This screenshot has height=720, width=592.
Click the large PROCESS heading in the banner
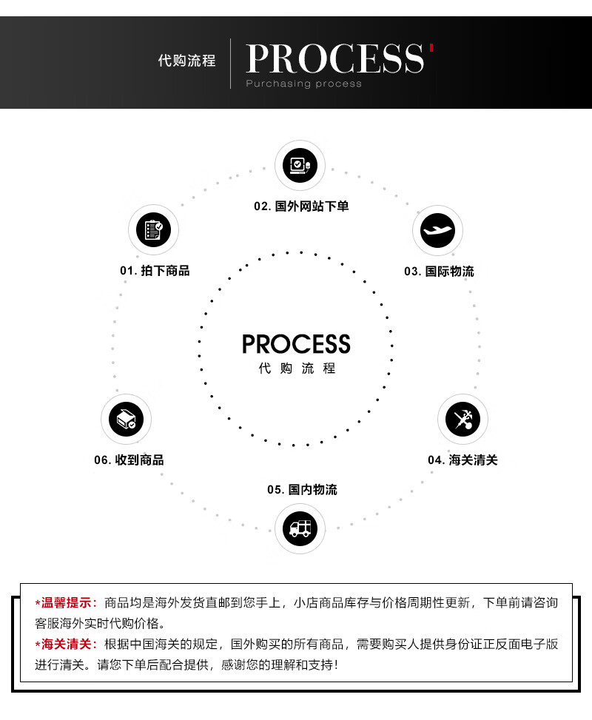[334, 58]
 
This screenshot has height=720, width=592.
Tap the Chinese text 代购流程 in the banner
[186, 61]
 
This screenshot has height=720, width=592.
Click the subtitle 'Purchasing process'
[303, 84]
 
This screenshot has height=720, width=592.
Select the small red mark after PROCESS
[431, 48]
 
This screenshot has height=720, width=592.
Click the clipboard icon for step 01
[153, 230]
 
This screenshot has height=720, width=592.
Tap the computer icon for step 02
[300, 165]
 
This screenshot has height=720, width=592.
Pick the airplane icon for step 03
[437, 230]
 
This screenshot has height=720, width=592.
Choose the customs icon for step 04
[462, 419]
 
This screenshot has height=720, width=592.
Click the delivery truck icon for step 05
[300, 528]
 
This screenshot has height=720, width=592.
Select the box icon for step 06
[126, 419]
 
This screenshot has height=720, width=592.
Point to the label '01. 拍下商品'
[155, 271]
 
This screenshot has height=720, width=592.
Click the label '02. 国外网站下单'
[301, 206]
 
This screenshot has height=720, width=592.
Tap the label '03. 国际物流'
[439, 272]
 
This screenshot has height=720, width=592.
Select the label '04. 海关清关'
[462, 460]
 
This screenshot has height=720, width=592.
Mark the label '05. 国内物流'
[302, 490]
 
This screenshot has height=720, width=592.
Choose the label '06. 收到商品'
[129, 460]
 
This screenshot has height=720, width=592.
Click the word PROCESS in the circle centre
[296, 344]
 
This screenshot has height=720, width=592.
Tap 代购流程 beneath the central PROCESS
[297, 369]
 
